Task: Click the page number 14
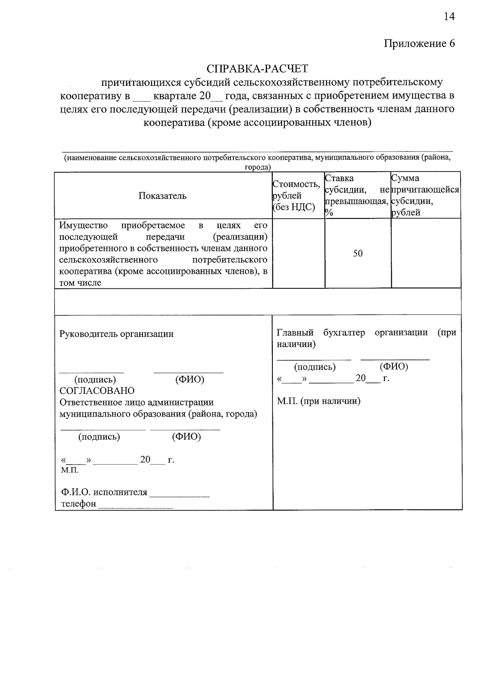click(x=449, y=16)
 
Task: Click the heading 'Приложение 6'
click(x=419, y=44)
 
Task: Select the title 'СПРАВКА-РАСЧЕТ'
click(x=257, y=68)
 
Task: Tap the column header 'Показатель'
click(x=162, y=196)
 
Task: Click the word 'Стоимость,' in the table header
click(x=296, y=184)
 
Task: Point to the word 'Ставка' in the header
click(x=339, y=178)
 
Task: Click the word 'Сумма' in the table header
click(x=405, y=178)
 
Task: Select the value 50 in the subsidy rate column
click(x=358, y=253)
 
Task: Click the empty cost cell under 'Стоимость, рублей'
click(x=298, y=253)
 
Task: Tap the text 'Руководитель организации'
click(x=117, y=334)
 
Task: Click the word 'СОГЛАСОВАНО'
click(x=97, y=391)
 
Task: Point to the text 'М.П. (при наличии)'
click(x=318, y=401)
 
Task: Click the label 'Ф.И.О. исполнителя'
click(x=104, y=492)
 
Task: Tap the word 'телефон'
click(x=78, y=504)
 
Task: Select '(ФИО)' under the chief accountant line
click(x=394, y=366)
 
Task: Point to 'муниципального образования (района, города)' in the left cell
click(x=158, y=414)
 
